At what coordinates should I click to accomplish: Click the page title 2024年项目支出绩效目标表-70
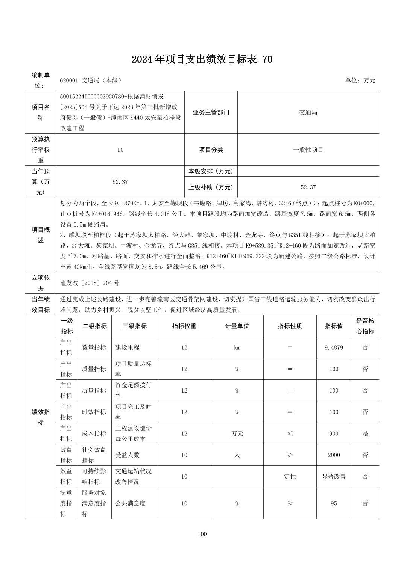(x=202, y=59)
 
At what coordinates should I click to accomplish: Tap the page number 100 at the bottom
(x=202, y=534)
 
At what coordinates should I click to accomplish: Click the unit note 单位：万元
(x=360, y=80)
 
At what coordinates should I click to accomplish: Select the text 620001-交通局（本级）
(x=90, y=80)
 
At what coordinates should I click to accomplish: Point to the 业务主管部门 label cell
(x=211, y=112)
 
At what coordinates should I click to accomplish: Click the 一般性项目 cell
(x=308, y=150)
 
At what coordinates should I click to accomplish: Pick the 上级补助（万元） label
(x=211, y=187)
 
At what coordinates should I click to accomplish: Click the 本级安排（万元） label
(x=211, y=171)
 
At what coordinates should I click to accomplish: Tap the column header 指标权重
(x=184, y=326)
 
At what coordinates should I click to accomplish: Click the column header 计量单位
(x=237, y=326)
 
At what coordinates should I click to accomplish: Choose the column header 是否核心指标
(x=365, y=326)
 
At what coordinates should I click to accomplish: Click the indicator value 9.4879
(x=334, y=347)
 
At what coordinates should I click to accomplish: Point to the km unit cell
(x=237, y=347)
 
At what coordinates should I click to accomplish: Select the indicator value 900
(x=334, y=434)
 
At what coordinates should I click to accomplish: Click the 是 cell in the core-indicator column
(x=365, y=434)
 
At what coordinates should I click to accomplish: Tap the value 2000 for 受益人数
(x=334, y=455)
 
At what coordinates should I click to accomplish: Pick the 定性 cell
(x=290, y=476)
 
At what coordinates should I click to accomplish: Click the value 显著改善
(x=334, y=476)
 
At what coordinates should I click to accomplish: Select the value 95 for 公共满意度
(x=334, y=503)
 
